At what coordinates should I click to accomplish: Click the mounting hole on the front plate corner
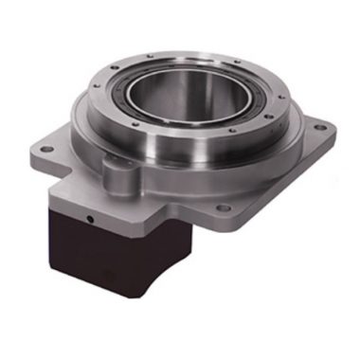tap(219, 246)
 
